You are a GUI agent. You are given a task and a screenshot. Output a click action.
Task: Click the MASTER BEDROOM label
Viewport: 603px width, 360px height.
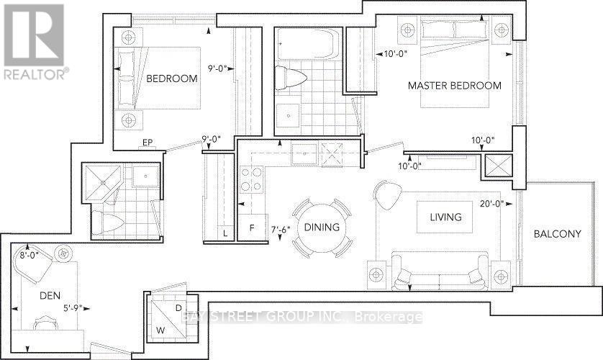pos(454,86)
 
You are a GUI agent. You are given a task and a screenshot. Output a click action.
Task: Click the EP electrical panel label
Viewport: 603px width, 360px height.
pos(147,143)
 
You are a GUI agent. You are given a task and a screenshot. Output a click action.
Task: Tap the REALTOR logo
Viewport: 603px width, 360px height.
pos(34,40)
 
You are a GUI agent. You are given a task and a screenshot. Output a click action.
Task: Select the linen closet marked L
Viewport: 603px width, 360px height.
pos(225,233)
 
